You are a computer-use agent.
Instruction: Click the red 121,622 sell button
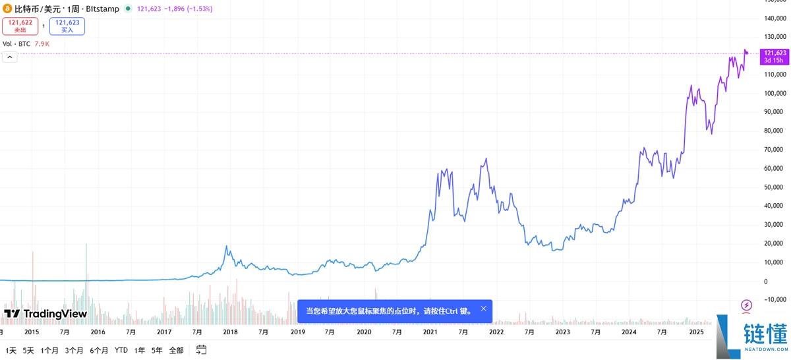pyautogui.click(x=20, y=26)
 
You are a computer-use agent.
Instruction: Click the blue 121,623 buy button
pyautogui.click(x=67, y=26)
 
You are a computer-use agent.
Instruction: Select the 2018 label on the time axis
pyautogui.click(x=231, y=332)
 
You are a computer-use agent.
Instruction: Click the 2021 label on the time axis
pyautogui.click(x=430, y=332)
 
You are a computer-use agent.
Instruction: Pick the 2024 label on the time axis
pyautogui.click(x=630, y=332)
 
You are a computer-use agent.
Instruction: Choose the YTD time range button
pyautogui.click(x=121, y=350)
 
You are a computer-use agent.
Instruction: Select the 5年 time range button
pyautogui.click(x=157, y=350)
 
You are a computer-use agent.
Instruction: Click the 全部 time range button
pyautogui.click(x=176, y=350)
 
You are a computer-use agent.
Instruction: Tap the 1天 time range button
pyautogui.click(x=11, y=350)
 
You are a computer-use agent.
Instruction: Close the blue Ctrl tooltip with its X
pyautogui.click(x=483, y=309)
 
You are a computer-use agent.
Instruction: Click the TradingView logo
pyautogui.click(x=45, y=314)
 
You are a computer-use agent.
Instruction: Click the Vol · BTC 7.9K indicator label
pyautogui.click(x=26, y=44)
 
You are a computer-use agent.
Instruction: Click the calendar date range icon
pyautogui.click(x=201, y=349)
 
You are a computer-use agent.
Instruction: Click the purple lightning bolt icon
pyautogui.click(x=746, y=305)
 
